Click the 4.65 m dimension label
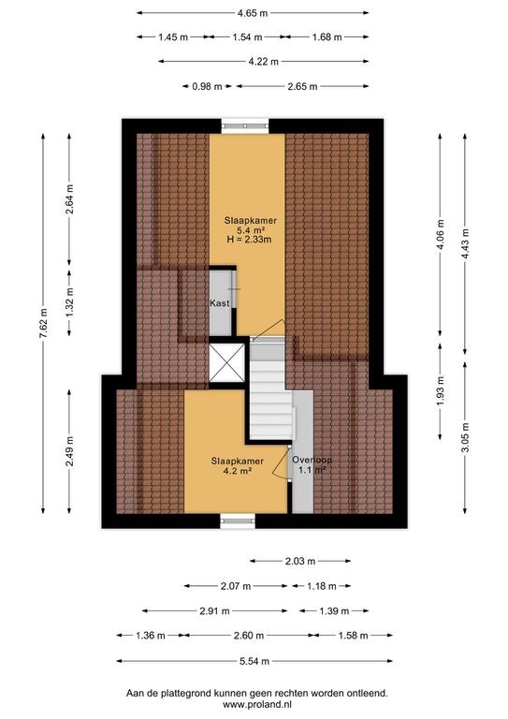(x=253, y=13)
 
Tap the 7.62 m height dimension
(x=43, y=323)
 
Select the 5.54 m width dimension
(x=254, y=661)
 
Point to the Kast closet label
(x=220, y=303)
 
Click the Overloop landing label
(x=312, y=460)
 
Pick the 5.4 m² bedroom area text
(x=250, y=229)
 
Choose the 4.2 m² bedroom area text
(x=238, y=471)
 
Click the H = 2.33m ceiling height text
(x=250, y=239)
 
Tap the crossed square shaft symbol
(x=226, y=362)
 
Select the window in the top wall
(x=245, y=125)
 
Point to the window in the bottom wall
(x=238, y=521)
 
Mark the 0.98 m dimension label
(x=207, y=86)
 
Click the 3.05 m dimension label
(x=465, y=437)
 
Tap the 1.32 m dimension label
(x=69, y=302)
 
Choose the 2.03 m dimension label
(x=300, y=561)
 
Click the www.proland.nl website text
(x=257, y=704)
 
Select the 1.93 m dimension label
(x=440, y=390)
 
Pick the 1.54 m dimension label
(x=247, y=37)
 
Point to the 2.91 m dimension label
(x=214, y=610)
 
